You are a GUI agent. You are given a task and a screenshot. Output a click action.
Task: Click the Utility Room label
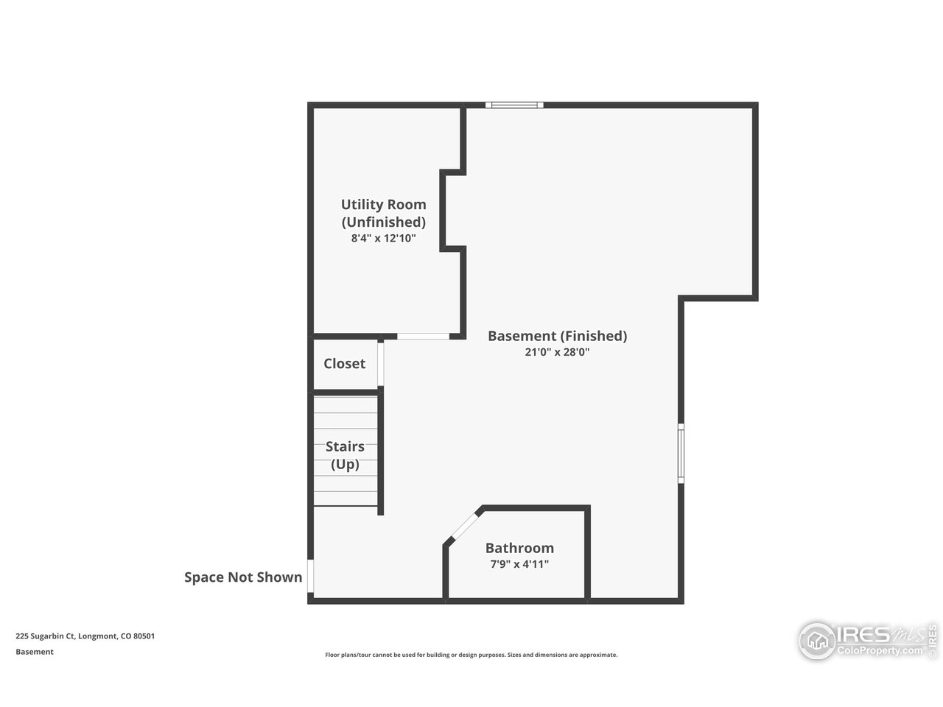click(383, 205)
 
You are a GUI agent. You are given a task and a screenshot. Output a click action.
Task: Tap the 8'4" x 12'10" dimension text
click(383, 239)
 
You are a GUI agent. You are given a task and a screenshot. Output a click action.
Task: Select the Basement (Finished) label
click(557, 336)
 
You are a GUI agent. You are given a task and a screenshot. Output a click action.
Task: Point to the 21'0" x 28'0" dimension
click(557, 352)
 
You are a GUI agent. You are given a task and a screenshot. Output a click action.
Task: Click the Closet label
click(344, 364)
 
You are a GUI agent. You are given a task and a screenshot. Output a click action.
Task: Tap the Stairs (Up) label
click(345, 455)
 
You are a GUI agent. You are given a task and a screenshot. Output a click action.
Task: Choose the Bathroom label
click(519, 548)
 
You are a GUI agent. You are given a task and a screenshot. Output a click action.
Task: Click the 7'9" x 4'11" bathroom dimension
click(519, 564)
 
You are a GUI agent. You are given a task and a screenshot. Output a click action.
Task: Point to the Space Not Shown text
click(243, 577)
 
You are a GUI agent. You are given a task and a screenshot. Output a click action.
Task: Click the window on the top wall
click(514, 105)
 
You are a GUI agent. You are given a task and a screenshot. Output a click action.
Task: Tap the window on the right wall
click(681, 453)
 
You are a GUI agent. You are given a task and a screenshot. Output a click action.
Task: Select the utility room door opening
click(423, 337)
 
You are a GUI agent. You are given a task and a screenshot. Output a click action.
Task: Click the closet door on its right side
click(381, 364)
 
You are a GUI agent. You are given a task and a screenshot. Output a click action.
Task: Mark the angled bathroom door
click(463, 526)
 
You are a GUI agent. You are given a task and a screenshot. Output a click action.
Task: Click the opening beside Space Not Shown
click(311, 577)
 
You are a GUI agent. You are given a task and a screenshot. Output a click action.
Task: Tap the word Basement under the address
click(35, 652)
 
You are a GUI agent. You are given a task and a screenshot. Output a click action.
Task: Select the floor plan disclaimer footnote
click(471, 655)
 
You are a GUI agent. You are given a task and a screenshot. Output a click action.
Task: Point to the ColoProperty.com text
click(880, 651)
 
